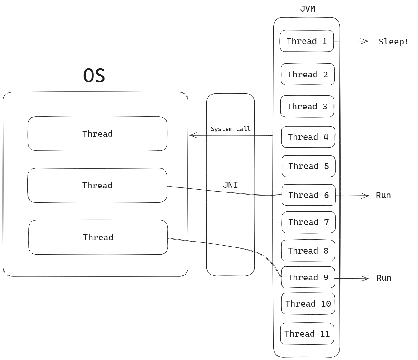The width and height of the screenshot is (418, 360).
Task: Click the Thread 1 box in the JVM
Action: click(307, 41)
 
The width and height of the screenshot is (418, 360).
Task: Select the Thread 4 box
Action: click(308, 137)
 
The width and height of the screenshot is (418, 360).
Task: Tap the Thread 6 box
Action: click(308, 195)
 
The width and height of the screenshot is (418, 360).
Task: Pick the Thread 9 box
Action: click(308, 277)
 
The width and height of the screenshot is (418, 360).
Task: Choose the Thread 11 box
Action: click(307, 334)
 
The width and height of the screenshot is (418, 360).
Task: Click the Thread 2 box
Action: click(308, 74)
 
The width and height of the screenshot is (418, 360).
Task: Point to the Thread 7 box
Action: click(308, 222)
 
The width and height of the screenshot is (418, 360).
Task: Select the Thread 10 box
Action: click(308, 303)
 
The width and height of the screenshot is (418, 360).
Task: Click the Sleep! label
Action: click(393, 41)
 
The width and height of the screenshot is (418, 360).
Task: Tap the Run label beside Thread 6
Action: click(383, 195)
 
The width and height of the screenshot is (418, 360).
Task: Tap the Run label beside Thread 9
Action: click(384, 278)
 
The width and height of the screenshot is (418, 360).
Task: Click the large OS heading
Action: click(94, 76)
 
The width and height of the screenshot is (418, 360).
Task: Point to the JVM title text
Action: click(308, 9)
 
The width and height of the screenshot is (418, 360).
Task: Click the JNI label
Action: click(230, 185)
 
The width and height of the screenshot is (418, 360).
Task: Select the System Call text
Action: click(230, 129)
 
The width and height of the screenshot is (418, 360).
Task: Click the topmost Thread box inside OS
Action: click(97, 134)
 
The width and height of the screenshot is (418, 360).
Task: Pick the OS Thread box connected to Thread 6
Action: click(97, 185)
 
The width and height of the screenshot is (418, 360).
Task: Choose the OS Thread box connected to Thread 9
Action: click(98, 237)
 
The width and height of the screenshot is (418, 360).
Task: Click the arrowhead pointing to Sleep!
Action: click(365, 41)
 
